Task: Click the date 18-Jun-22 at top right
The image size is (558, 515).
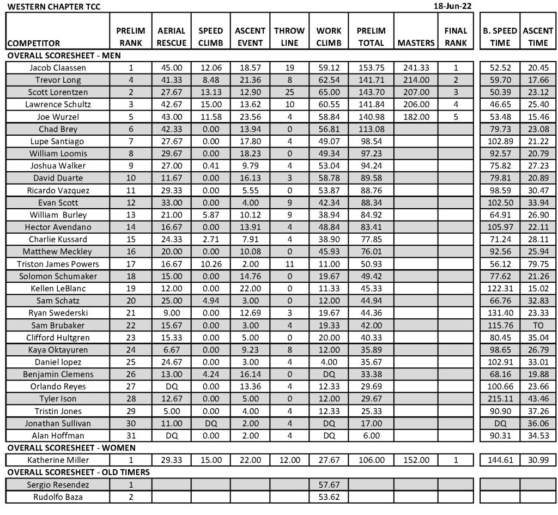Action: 452,6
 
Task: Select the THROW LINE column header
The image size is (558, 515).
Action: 289,37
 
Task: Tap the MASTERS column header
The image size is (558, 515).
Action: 416,43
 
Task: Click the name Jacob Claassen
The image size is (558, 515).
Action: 58,68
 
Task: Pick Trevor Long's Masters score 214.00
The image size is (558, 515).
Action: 416,80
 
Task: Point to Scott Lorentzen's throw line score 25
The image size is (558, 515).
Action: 289,93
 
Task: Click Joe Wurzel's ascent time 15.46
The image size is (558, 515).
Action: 538,117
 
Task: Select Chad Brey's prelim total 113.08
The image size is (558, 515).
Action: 371,129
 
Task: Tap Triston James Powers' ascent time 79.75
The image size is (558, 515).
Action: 538,264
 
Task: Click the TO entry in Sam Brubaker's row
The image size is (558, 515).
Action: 538,325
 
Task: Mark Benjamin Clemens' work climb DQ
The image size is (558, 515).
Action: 329,374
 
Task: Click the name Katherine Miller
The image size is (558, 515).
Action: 58,460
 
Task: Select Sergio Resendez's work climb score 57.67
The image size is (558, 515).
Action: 329,484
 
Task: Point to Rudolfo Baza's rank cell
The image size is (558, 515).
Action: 130,497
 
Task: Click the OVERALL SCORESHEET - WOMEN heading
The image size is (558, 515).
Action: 71,448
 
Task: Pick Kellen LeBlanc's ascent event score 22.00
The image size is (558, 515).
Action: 250,288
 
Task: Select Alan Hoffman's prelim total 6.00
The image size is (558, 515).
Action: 371,435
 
